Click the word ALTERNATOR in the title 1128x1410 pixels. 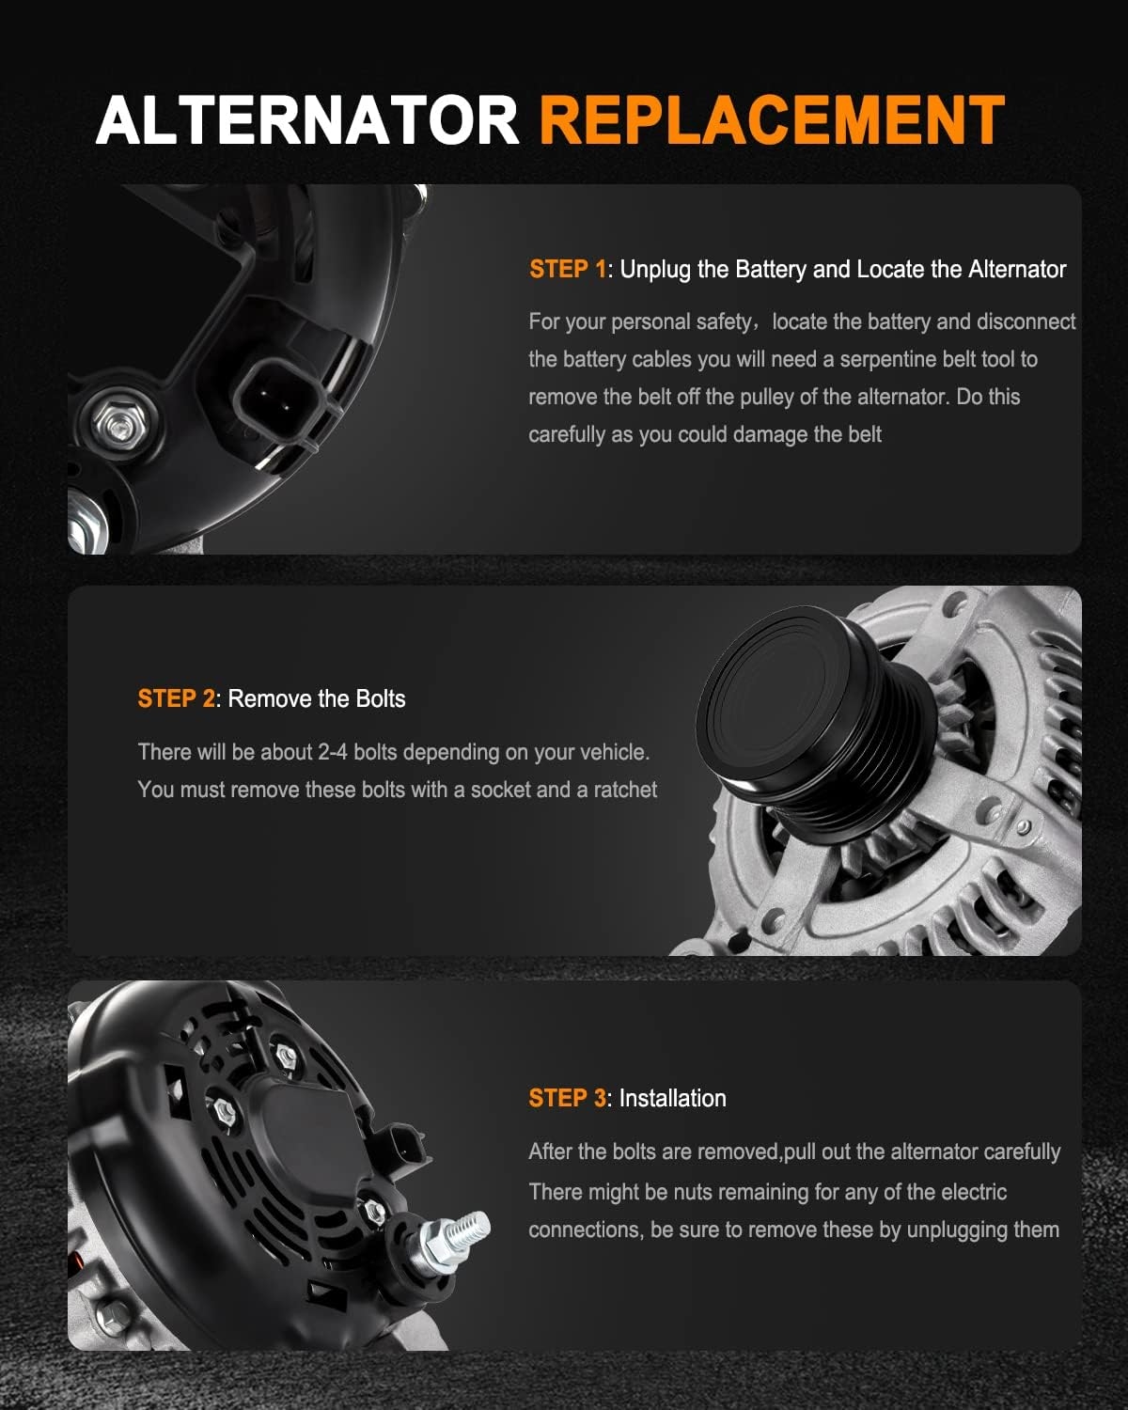(x=307, y=120)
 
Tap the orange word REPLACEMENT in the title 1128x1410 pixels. (x=772, y=120)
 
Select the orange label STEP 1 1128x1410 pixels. (x=568, y=269)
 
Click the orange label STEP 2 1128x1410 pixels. (x=177, y=698)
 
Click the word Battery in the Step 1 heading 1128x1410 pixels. (x=770, y=270)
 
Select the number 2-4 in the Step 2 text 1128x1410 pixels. (x=333, y=752)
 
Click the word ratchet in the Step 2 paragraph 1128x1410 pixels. (x=625, y=790)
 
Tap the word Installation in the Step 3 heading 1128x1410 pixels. (x=672, y=1098)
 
